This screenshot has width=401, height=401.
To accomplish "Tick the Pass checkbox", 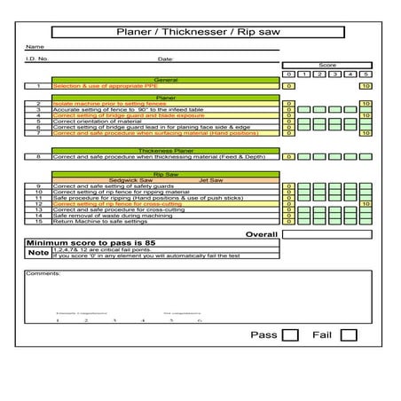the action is [x=289, y=335].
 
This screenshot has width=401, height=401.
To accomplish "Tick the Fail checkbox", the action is [x=349, y=335].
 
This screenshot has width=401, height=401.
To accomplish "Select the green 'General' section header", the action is [x=166, y=80].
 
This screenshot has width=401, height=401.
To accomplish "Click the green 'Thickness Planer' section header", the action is [x=166, y=150].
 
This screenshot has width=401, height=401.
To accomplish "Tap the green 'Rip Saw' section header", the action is [x=166, y=174].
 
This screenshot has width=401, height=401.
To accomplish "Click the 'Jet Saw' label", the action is [x=210, y=180].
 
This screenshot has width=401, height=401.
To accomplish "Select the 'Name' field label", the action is [x=35, y=47].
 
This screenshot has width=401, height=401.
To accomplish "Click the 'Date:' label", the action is [x=165, y=59].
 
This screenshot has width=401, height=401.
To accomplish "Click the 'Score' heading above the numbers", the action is [x=327, y=66].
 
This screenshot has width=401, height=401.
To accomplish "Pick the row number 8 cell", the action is [x=38, y=156].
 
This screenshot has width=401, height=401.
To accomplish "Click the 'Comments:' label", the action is [x=43, y=273].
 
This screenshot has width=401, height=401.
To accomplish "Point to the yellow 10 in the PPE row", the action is [x=366, y=86].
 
